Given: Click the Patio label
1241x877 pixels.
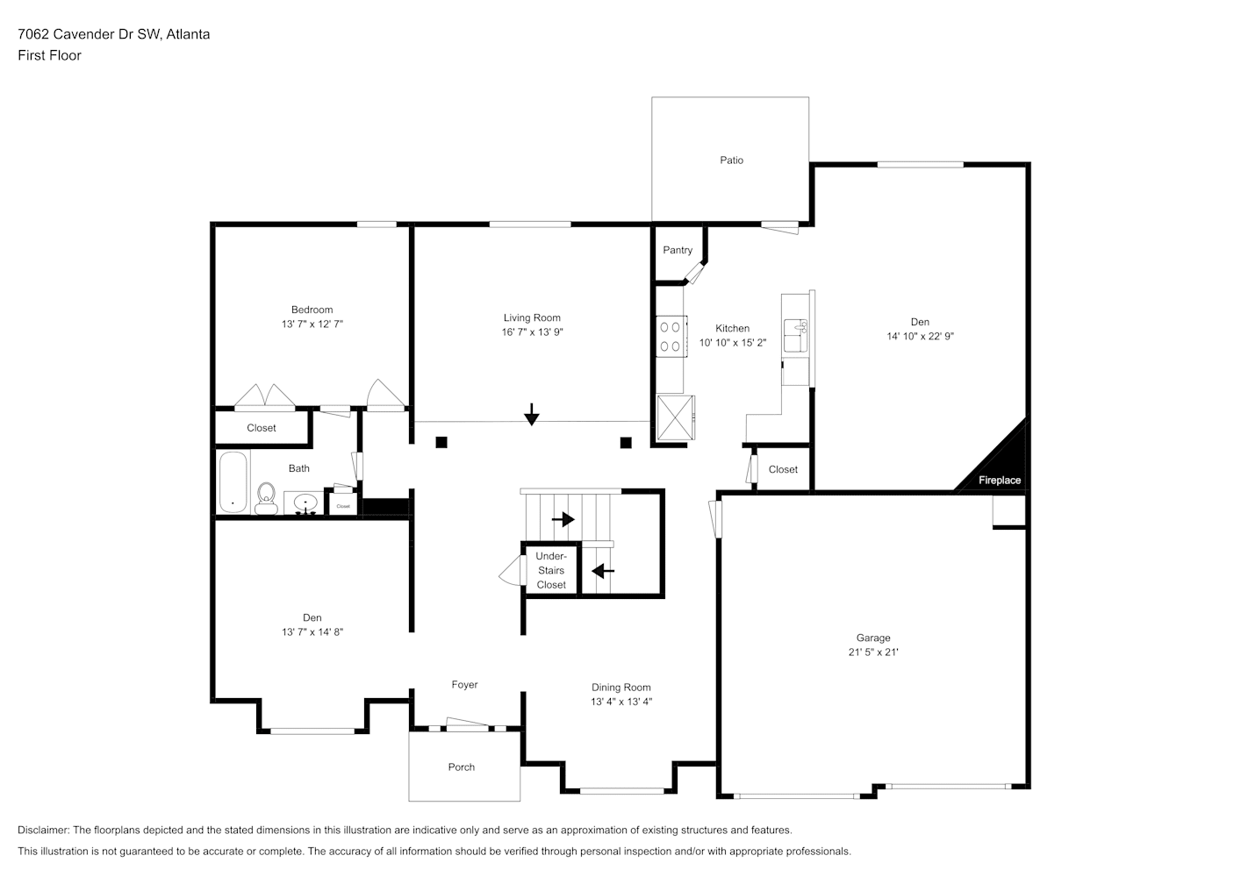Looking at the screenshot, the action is coord(731,160).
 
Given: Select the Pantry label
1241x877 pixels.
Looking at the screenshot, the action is coord(678,250).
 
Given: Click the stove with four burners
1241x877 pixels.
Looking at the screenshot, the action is coord(671,337).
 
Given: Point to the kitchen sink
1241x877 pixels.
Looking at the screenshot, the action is coord(795,336).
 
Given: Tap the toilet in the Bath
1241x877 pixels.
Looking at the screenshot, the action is coord(267,498).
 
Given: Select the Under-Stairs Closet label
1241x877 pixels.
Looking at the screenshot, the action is coord(551,570).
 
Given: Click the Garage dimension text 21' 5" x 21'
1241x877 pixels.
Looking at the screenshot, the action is coord(873,652).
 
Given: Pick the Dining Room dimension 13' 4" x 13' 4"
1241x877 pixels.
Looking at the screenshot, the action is coord(621,702).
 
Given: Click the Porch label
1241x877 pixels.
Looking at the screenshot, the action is coord(462,766).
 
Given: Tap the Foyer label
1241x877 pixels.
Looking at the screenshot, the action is coord(464,685).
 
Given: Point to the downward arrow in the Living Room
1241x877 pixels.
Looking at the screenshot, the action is coord(532,415).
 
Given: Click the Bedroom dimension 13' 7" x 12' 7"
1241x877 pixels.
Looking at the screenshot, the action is coord(312,324).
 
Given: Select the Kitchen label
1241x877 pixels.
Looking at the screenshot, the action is coord(733,328).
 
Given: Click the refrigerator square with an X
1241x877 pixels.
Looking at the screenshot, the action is coord(676,417).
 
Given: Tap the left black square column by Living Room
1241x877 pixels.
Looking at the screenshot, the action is coord(441,442).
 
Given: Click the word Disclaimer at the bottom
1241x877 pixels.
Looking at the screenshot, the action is coord(44,830).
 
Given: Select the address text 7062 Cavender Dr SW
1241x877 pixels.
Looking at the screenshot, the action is coord(90,34).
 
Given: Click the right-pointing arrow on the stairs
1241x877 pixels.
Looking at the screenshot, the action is coord(563,519).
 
